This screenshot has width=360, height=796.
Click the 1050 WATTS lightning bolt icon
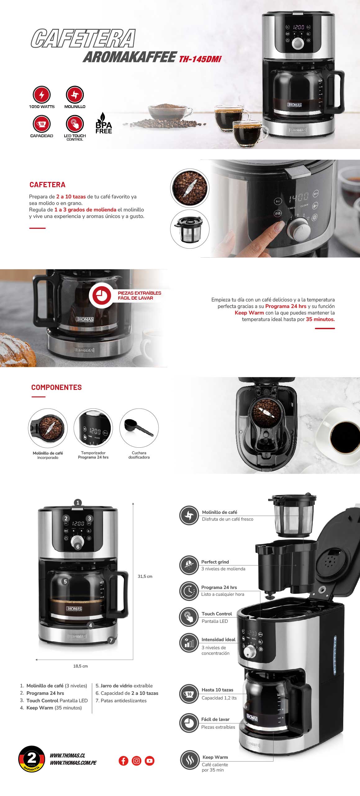(42, 94)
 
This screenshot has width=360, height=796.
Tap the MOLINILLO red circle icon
(75, 94)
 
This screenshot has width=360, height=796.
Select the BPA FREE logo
(103, 123)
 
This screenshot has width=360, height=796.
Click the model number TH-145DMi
(200, 59)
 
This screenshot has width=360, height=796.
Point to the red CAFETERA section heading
(47, 185)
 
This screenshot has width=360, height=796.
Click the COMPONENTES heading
(56, 387)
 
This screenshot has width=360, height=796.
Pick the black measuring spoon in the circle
(139, 428)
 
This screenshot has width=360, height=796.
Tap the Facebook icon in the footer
(124, 761)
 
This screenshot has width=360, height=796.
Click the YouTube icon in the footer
(150, 761)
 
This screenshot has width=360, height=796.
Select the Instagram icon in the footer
(137, 761)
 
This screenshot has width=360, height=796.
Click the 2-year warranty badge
(32, 759)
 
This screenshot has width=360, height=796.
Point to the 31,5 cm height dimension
(145, 577)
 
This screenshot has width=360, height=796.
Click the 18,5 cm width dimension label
(80, 666)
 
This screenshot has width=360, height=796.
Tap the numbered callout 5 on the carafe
(65, 581)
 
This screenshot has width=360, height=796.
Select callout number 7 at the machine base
(111, 640)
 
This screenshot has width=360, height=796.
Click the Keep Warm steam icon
(189, 760)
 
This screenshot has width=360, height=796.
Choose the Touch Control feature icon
(189, 617)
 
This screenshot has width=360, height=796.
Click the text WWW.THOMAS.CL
(67, 756)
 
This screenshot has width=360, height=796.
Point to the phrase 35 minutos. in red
(320, 319)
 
